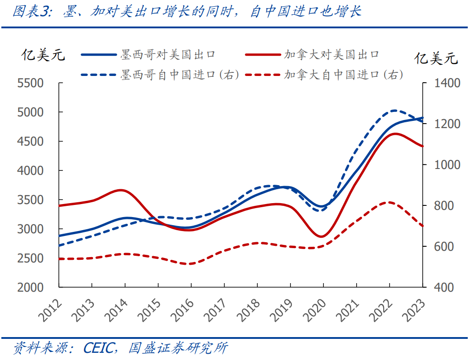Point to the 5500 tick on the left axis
tap(30, 83)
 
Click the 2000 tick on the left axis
tap(30, 287)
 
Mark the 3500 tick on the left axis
tap(30, 200)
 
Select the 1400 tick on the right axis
tap(447, 83)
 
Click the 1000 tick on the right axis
tap(447, 164)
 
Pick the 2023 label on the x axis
tap(413, 310)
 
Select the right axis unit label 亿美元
tap(436, 58)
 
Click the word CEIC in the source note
tap(99, 348)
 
